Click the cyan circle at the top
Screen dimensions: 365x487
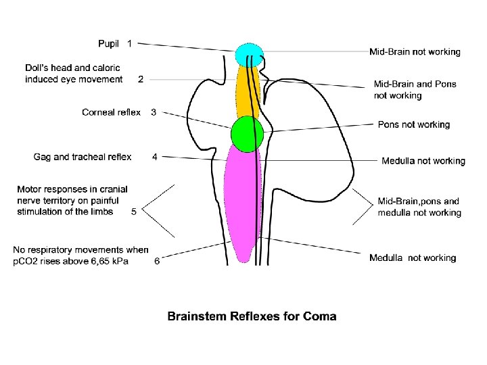tap(248, 54)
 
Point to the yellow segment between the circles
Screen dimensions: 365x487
tap(248, 91)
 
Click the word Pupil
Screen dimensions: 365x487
tap(109, 44)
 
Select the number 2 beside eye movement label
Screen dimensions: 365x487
tap(141, 79)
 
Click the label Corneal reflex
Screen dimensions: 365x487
tap(112, 112)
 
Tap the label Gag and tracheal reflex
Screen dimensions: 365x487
tap(83, 157)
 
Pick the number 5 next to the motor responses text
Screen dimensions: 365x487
tap(134, 211)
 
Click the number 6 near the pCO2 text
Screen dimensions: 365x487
tap(157, 262)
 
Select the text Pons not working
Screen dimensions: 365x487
tap(414, 124)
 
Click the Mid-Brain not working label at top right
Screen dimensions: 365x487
tap(415, 51)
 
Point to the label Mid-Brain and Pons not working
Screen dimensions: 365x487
tap(415, 90)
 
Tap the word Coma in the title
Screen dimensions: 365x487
tap(320, 316)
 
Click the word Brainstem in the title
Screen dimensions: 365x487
tap(197, 316)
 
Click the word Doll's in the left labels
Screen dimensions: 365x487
tap(37, 68)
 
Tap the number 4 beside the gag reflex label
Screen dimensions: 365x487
tap(155, 157)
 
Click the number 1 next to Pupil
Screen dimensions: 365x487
tap(130, 44)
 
